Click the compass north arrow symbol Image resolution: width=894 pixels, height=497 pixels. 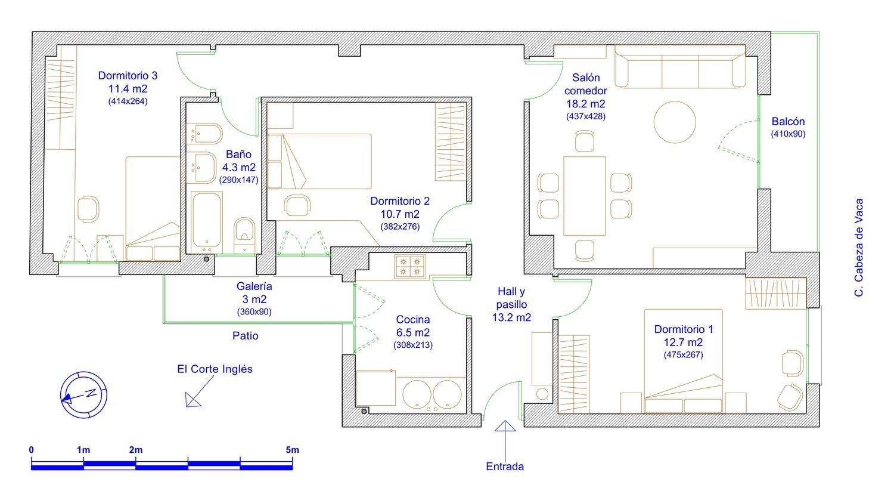[83, 395]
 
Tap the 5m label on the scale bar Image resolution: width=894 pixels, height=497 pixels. [292, 450]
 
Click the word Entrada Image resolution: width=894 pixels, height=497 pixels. [505, 466]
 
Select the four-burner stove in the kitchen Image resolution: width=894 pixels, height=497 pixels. [410, 267]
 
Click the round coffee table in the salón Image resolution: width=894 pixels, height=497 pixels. [675, 122]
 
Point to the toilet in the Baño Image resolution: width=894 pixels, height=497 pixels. [244, 235]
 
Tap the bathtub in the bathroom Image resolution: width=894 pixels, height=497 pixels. [206, 222]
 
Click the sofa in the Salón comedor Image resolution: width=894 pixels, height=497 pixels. [679, 66]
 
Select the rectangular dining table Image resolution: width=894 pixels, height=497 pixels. [584, 196]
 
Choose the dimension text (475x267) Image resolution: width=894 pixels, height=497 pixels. [683, 355]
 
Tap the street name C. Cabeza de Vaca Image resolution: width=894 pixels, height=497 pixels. [859, 248]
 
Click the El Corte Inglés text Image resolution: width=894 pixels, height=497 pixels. [215, 369]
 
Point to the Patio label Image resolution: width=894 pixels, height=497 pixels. [245, 335]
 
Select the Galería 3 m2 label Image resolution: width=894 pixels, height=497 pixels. [254, 292]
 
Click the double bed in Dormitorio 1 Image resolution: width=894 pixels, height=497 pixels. [683, 361]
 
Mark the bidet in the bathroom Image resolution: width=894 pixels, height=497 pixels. [205, 134]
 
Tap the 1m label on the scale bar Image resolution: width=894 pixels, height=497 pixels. [83, 450]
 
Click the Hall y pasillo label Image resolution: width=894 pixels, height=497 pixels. [511, 304]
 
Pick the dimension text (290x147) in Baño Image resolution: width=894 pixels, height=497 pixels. [238, 180]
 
